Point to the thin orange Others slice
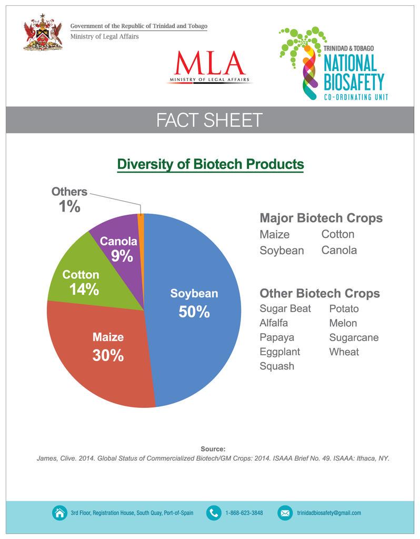[141, 221]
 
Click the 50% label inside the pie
[194, 312]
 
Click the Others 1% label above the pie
[69, 199]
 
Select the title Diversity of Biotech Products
[210, 164]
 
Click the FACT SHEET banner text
[209, 120]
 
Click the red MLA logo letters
[211, 64]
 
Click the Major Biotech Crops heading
[321, 218]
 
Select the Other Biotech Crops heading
[319, 293]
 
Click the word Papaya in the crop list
[277, 337]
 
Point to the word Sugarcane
[354, 337]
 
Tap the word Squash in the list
[277, 366]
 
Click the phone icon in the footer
[214, 513]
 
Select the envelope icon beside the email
[285, 513]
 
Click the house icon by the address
[59, 513]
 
